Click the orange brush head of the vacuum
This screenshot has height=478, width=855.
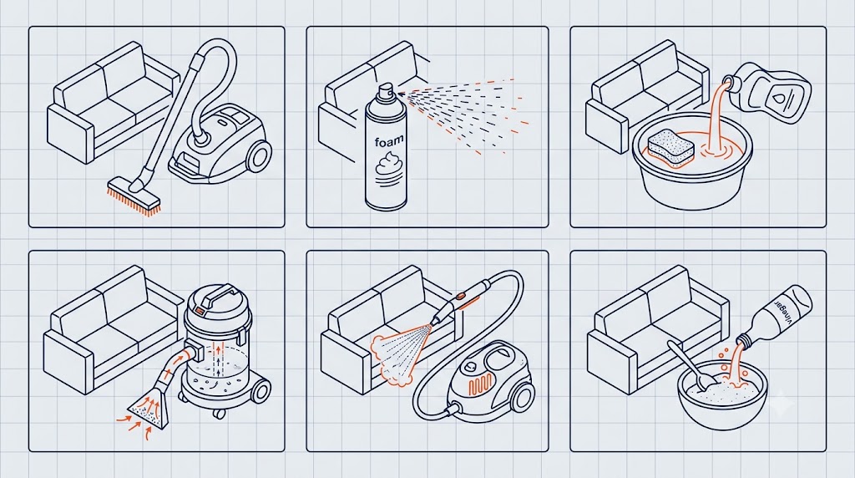(x=133, y=199)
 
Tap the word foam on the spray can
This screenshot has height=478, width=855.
(x=389, y=141)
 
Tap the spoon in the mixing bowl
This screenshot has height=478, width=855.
(x=689, y=368)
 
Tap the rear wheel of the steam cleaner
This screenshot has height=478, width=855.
(x=523, y=396)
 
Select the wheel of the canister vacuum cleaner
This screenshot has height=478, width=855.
(x=259, y=156)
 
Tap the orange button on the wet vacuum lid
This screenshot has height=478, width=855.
(x=201, y=312)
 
